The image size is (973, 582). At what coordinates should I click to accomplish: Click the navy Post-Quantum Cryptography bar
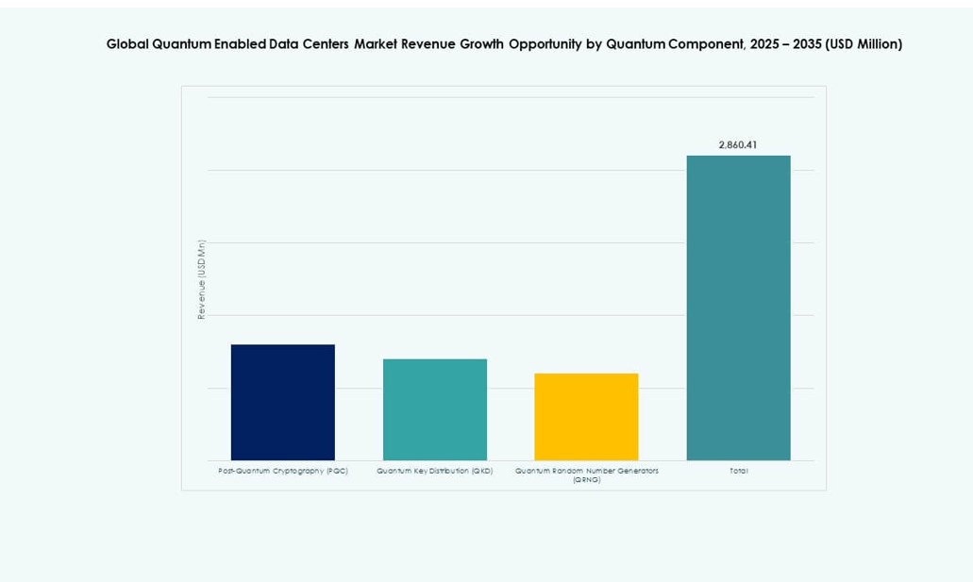282,403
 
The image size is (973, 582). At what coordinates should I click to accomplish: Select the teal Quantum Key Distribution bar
434,409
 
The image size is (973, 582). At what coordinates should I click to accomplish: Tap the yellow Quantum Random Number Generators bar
586,417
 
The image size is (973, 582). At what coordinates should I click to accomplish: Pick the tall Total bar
738,308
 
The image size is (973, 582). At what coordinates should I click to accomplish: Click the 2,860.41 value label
737,145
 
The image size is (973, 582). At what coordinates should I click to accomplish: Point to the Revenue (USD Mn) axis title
201,279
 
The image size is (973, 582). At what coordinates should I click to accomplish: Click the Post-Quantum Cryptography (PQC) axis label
282,471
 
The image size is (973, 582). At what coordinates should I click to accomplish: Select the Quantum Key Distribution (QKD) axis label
434,471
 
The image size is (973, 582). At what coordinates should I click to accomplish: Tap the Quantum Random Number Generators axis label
586,471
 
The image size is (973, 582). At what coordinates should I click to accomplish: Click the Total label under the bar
738,471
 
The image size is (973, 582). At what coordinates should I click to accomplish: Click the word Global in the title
127,44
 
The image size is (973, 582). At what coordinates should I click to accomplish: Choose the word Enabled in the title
232,44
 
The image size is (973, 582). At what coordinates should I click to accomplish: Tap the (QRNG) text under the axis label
586,480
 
